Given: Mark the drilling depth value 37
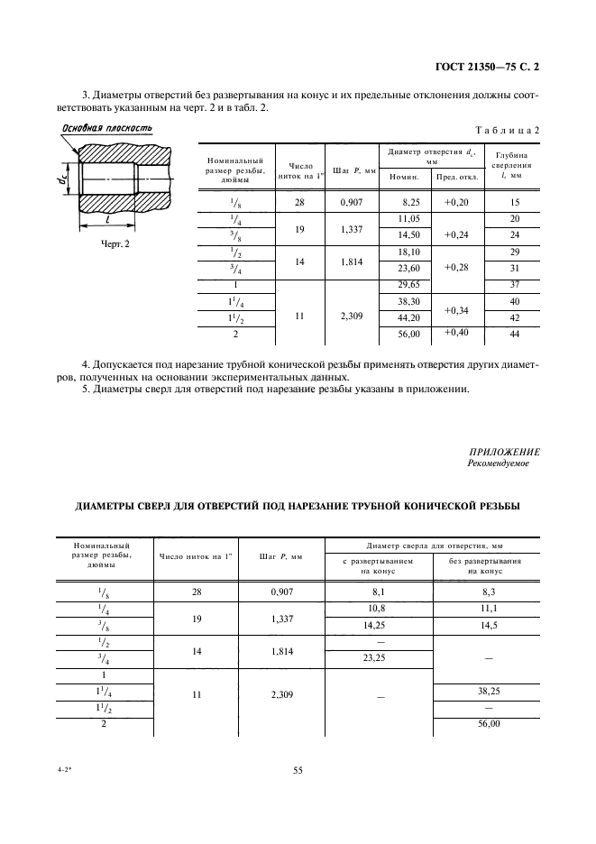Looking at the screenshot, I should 515,285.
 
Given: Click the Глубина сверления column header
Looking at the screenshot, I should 515,166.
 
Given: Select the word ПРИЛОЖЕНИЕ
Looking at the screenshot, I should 504,452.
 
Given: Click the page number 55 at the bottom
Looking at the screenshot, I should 298,769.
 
